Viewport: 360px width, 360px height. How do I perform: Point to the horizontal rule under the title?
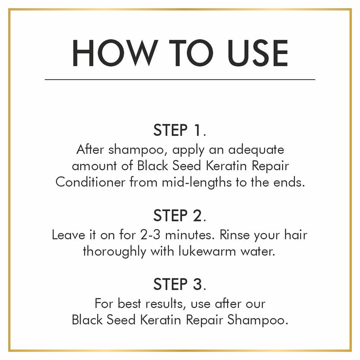pyautogui.click(x=180, y=80)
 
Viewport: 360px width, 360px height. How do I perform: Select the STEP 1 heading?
pyautogui.click(x=180, y=130)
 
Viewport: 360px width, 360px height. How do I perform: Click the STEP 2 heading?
pyautogui.click(x=180, y=216)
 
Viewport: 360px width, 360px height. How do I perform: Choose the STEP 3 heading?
pyautogui.click(x=180, y=284)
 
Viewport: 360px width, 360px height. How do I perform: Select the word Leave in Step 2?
pyautogui.click(x=68, y=235)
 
